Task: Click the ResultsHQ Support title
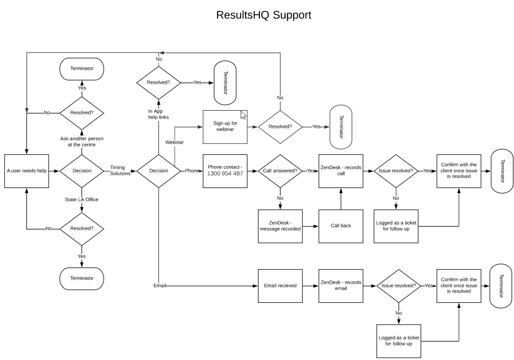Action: pos(264,15)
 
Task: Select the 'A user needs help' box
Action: pos(26,171)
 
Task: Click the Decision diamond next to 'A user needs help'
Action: pos(82,171)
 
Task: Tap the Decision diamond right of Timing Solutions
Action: pos(158,171)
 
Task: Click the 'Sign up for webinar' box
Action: pos(225,127)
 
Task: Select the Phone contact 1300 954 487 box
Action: pos(225,171)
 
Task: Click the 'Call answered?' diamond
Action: pos(280,171)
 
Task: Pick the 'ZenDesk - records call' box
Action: pos(341,171)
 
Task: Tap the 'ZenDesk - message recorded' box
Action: pos(280,226)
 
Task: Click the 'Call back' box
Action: pos(341,226)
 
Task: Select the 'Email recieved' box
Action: pos(280,286)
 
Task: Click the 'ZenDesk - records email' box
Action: pos(341,286)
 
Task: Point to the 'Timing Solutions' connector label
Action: pos(120,171)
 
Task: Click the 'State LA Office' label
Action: pos(82,200)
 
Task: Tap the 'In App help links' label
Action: pos(158,114)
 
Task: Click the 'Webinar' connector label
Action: pos(175,142)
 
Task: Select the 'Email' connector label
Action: pos(159,285)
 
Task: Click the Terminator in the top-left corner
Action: pos(82,68)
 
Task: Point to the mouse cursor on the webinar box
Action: pos(243,114)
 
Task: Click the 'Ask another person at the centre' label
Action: pos(82,142)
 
